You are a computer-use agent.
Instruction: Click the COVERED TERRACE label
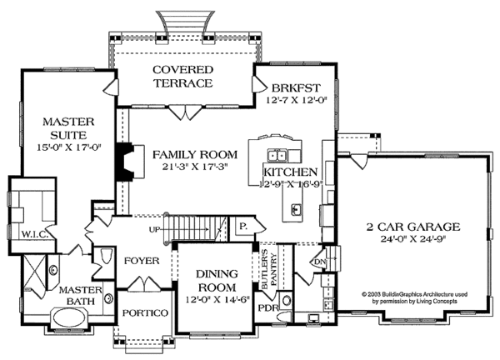click(182, 76)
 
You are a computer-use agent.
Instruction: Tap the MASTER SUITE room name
click(68, 128)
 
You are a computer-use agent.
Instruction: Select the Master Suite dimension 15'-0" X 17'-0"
click(69, 147)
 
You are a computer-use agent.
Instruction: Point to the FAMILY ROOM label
click(195, 155)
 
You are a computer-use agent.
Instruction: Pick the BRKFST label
click(296, 87)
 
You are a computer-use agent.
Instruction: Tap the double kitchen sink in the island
click(277, 155)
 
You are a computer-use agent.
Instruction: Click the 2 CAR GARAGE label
click(413, 227)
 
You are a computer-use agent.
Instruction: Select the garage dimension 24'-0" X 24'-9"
click(413, 239)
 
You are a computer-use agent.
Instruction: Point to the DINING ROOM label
click(217, 281)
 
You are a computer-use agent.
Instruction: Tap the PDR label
click(268, 308)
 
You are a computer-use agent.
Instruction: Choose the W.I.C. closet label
click(35, 235)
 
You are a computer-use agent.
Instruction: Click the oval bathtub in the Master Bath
click(70, 317)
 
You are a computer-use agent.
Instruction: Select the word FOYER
click(142, 261)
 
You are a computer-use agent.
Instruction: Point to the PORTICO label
click(145, 312)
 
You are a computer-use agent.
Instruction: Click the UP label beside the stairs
click(154, 229)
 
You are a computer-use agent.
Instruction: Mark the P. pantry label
click(243, 227)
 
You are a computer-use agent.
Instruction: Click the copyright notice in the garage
click(414, 297)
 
